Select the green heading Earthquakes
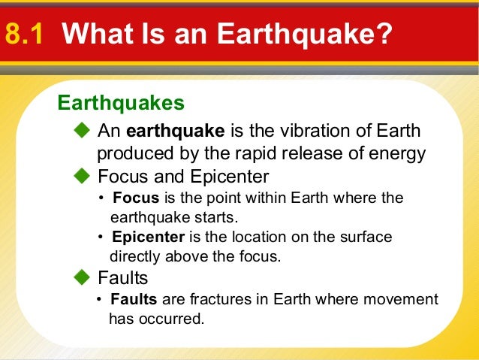(x=120, y=101)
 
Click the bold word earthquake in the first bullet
(x=175, y=132)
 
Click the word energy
(x=395, y=154)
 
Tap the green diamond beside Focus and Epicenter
(x=82, y=177)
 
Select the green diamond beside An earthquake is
(x=82, y=132)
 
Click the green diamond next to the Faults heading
(x=82, y=279)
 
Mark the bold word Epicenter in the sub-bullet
(x=147, y=237)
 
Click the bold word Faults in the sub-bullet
(x=134, y=299)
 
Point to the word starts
(x=217, y=217)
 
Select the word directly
(x=135, y=257)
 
